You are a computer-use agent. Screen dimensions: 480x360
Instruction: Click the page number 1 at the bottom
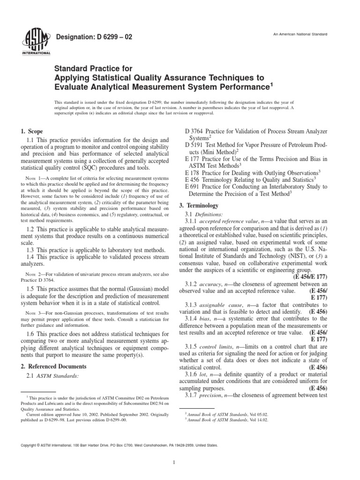click(x=180, y=464)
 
